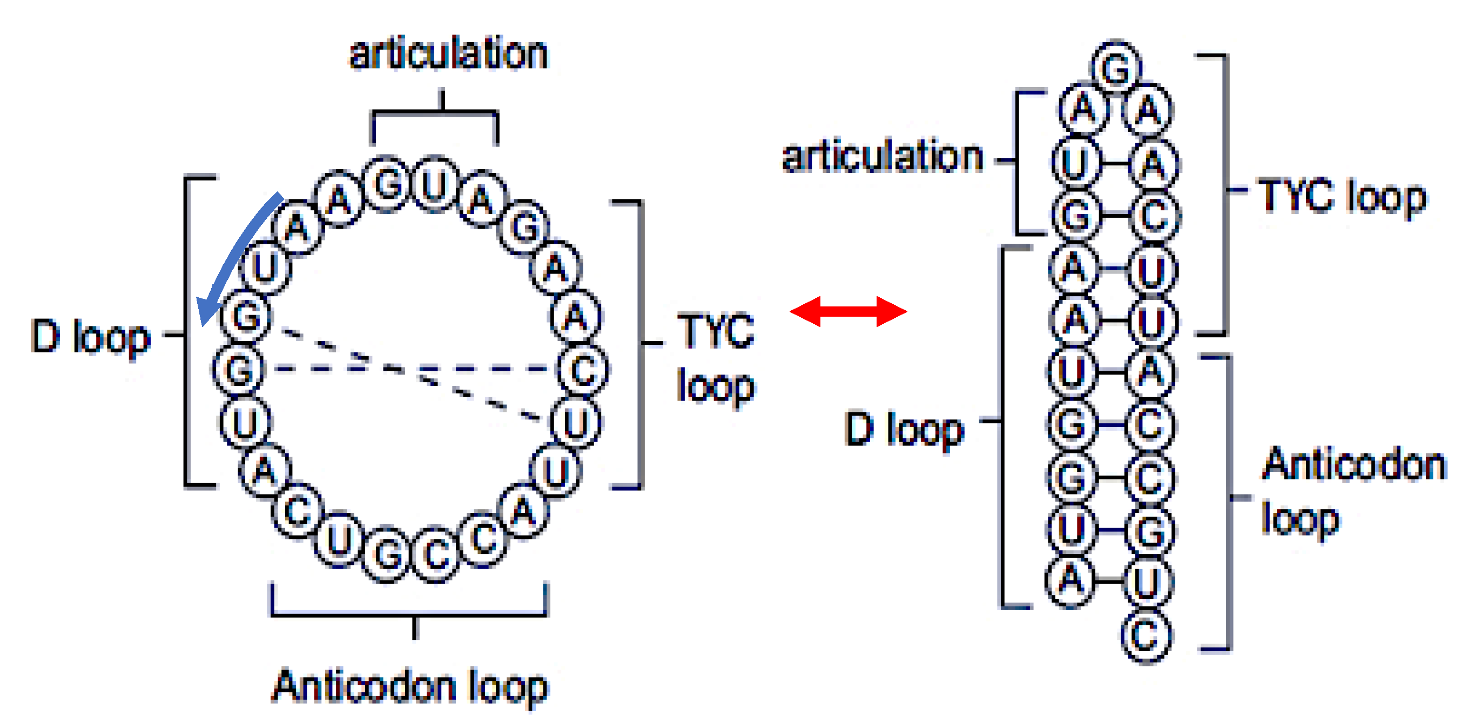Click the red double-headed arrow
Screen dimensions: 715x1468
[847, 311]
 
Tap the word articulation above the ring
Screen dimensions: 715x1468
[448, 54]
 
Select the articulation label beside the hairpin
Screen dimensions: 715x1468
[883, 157]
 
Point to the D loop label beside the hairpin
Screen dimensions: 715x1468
[904, 429]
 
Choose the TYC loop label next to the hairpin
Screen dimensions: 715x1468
[1342, 197]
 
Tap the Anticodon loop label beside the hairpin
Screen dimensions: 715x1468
[1353, 490]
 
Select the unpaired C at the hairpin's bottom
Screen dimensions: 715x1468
[1146, 635]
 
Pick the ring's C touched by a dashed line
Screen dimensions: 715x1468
[583, 370]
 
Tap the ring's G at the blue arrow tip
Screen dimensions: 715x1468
[247, 317]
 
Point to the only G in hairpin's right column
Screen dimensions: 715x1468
[1149, 531]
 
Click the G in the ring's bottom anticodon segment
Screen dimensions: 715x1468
[389, 553]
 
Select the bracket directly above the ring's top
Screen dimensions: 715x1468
[434, 114]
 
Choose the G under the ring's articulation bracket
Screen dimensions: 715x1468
[387, 184]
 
